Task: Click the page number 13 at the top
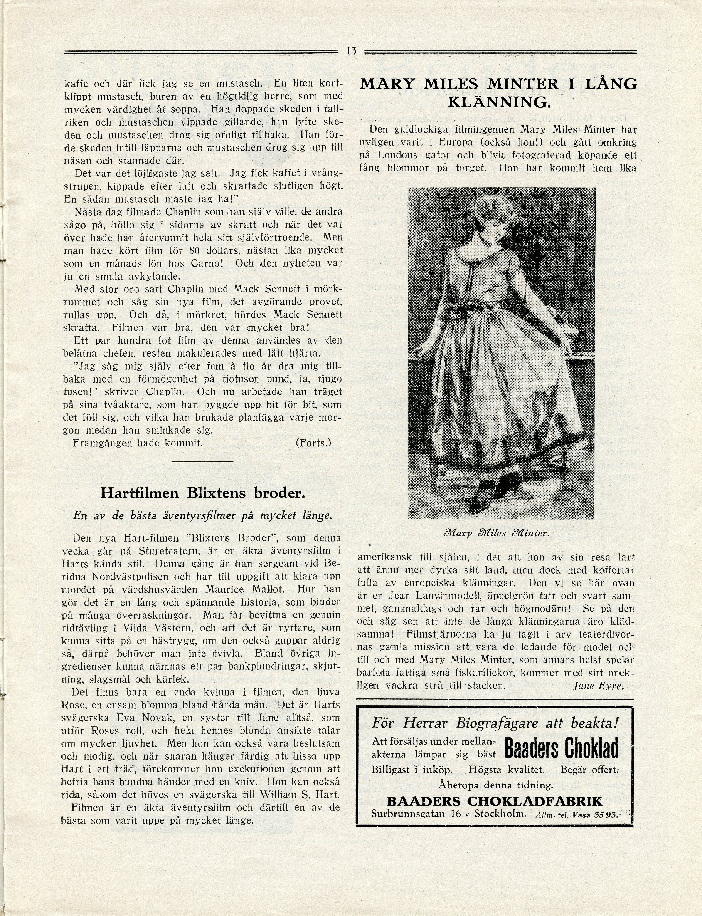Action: click(351, 51)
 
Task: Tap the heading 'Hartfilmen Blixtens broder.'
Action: click(203, 493)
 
